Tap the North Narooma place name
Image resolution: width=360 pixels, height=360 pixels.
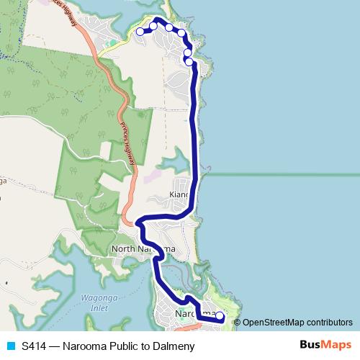143,249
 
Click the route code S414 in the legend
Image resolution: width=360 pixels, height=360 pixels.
35,346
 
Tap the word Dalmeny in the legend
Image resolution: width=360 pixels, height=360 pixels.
174,346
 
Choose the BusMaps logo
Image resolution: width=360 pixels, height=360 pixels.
325,346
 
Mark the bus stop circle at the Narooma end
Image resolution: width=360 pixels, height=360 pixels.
220,316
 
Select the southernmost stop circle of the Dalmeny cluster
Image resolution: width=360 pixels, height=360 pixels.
189,62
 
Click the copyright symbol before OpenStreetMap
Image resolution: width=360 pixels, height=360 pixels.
238,322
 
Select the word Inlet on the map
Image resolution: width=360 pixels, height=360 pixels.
99,308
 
